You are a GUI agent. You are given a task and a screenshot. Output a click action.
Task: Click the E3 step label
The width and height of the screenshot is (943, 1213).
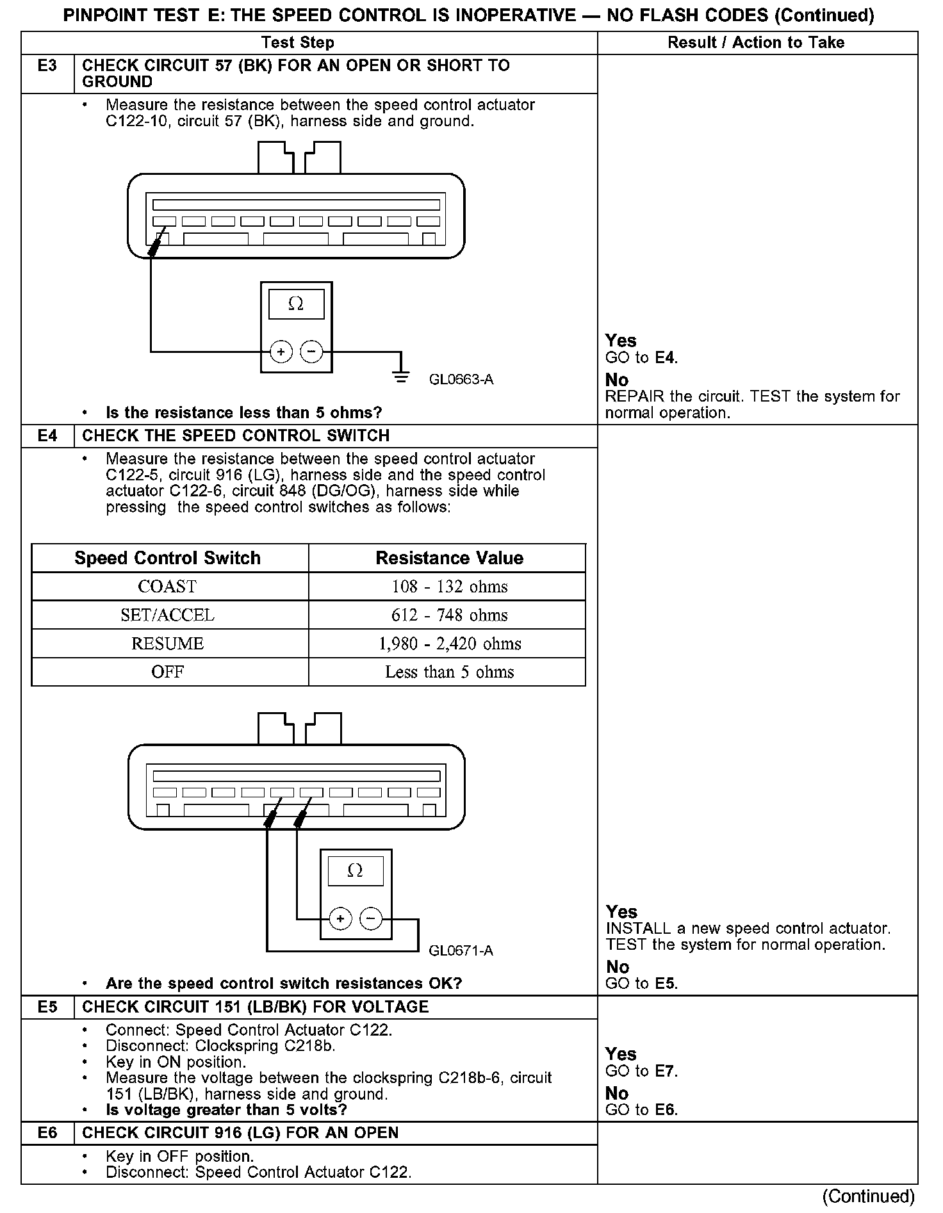pyautogui.click(x=47, y=66)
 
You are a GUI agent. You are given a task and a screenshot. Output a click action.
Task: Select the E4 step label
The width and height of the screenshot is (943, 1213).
pyautogui.click(x=47, y=436)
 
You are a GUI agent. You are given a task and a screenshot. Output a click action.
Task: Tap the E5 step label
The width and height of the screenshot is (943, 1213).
pyautogui.click(x=47, y=1007)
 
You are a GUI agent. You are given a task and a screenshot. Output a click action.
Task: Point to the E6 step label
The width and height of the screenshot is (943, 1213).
pyautogui.click(x=47, y=1133)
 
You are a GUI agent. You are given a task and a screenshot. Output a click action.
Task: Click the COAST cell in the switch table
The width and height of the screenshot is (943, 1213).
pyautogui.click(x=167, y=587)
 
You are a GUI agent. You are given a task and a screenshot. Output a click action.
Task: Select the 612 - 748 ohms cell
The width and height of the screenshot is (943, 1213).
pyautogui.click(x=449, y=615)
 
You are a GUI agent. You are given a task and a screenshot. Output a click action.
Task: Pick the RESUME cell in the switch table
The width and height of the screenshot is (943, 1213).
pyautogui.click(x=167, y=644)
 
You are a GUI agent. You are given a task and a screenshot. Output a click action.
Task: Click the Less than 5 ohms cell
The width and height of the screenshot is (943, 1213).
pyautogui.click(x=449, y=672)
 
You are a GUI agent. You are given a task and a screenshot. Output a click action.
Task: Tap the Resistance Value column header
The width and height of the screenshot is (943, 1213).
pyautogui.click(x=449, y=558)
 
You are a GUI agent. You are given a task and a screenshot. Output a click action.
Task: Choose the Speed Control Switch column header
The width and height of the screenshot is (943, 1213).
pyautogui.click(x=167, y=558)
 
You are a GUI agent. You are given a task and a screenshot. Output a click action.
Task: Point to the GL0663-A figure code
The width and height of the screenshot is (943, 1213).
pyautogui.click(x=461, y=380)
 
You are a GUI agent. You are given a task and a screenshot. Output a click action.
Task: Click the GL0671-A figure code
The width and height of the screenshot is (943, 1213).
pyautogui.click(x=461, y=950)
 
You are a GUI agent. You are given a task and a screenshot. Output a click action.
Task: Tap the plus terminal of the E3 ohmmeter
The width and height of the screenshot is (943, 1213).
pyautogui.click(x=281, y=352)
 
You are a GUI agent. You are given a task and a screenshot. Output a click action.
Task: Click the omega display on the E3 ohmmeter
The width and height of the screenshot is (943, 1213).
pyautogui.click(x=296, y=304)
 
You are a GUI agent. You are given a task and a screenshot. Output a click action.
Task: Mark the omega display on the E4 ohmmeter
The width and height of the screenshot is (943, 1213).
pyautogui.click(x=355, y=871)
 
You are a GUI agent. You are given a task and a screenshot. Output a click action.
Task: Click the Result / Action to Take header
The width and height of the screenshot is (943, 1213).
pyautogui.click(x=756, y=43)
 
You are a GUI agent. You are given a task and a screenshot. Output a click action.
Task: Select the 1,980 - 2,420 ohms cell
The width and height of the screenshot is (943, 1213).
pyautogui.click(x=449, y=644)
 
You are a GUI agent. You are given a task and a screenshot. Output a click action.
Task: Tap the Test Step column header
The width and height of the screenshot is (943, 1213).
pyautogui.click(x=298, y=43)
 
